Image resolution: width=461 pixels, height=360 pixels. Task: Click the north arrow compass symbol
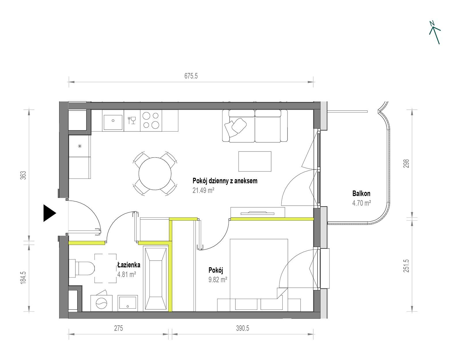pos(435,33)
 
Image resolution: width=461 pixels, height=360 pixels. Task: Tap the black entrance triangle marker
pos(50,213)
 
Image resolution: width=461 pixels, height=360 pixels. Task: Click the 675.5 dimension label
pos(191,76)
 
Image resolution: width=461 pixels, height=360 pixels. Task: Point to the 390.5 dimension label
pos(243,328)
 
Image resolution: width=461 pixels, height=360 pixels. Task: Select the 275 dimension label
pos(118,328)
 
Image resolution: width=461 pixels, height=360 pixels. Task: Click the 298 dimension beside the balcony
pos(406,164)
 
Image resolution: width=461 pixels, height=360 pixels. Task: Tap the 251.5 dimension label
pos(406,266)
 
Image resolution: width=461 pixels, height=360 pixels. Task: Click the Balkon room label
pos(361,194)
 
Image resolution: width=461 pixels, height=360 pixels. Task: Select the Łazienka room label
pos(129,265)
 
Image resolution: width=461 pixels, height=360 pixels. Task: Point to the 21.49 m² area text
pos(203,190)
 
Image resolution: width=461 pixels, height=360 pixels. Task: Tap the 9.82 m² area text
pos(218,280)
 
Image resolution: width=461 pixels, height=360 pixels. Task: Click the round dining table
pos(155,174)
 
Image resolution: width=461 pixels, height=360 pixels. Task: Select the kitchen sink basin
pos(113,123)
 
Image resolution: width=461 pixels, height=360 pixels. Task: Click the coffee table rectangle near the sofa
pos(255,161)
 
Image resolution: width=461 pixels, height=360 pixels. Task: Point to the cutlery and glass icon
pos(132,120)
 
